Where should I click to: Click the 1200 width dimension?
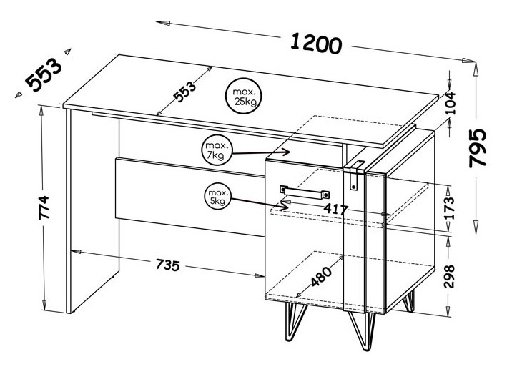[316, 43]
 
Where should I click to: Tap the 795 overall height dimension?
[478, 148]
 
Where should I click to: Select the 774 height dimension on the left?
[44, 207]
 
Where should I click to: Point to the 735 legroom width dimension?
[167, 265]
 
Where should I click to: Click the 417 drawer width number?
[336, 209]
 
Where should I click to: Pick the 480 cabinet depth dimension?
[320, 276]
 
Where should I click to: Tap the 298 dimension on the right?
[449, 276]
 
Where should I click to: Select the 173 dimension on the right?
[449, 208]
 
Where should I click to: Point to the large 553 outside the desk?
[44, 74]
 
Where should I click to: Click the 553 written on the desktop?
[184, 92]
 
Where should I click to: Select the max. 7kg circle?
[217, 150]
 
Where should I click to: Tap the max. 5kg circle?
[218, 197]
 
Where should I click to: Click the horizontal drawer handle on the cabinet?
[305, 192]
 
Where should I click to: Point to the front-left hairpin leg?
[294, 321]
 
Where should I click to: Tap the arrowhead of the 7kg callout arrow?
[287, 151]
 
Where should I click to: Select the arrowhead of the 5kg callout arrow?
[282, 206]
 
